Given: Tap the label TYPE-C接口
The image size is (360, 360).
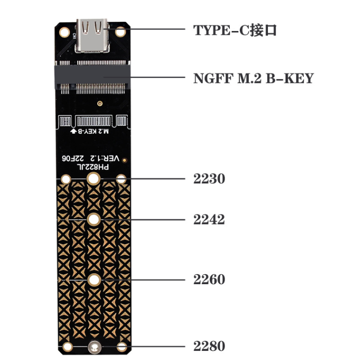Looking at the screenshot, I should coord(235,30).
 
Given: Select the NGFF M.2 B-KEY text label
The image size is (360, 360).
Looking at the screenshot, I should coord(253,78).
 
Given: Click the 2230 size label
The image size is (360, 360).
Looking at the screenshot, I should coord(209,179).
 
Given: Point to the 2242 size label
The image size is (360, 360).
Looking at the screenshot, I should coord(209,220).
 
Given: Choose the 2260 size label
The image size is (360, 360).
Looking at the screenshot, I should coord(209,279).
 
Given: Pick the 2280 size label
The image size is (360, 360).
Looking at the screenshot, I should coord(209,346).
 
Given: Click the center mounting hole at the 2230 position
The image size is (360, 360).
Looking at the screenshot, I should coord(93,179).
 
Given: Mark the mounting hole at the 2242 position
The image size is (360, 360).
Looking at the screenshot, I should coord(93,220).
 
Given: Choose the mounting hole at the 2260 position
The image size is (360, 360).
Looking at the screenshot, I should coord(93,279).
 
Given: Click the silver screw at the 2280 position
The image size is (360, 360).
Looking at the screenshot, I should coord(94,347).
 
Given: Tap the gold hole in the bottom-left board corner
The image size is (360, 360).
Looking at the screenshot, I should coord(68,347).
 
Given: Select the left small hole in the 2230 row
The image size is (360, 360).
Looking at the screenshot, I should coord(66,180).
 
